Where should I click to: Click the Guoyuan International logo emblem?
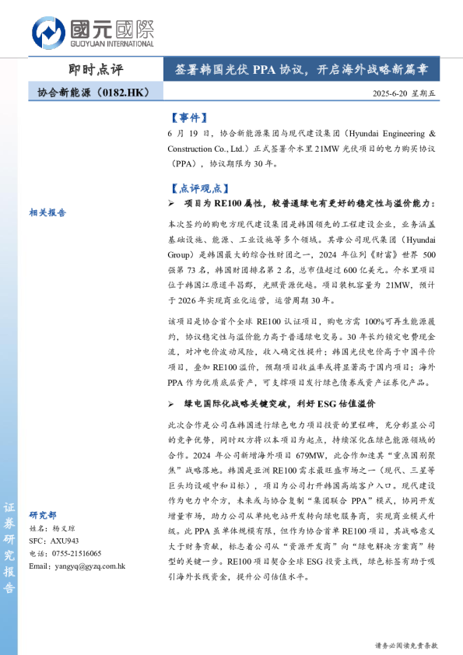point(48,33)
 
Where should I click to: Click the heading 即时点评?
point(96,68)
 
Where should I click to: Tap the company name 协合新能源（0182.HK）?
point(93,93)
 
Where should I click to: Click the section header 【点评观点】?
point(199,188)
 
